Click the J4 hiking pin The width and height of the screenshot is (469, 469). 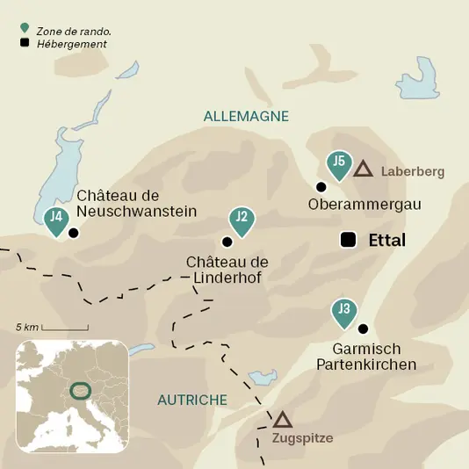56,220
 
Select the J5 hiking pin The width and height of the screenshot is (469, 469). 338,163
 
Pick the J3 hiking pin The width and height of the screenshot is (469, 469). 344,311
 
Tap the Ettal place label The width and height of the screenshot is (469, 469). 387,240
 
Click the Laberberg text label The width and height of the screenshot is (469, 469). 413,171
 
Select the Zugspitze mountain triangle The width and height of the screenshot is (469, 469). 282,420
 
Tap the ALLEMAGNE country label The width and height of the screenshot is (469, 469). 246,116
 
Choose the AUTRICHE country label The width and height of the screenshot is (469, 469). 192,400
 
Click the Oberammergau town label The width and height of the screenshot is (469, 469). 365,204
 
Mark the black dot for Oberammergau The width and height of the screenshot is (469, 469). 321,186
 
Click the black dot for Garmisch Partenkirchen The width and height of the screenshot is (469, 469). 363,328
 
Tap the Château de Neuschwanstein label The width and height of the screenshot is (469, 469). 136,203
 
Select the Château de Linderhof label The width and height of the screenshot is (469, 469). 227,271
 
